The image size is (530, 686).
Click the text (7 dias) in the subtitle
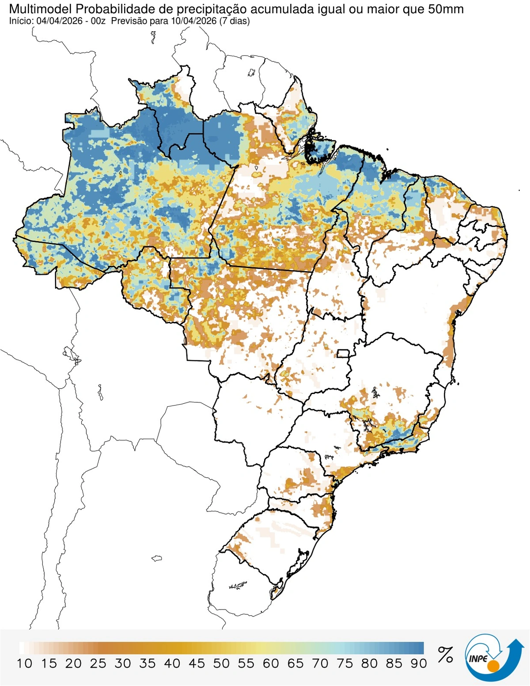(x=234, y=21)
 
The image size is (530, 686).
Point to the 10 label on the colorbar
(x=25, y=663)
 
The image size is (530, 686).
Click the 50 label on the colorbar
(x=221, y=663)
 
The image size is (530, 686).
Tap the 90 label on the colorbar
(x=418, y=663)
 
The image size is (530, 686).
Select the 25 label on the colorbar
(x=98, y=663)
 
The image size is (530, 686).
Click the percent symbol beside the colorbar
(x=445, y=655)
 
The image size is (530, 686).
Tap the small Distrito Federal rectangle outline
(x=343, y=353)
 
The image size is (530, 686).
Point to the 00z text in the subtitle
(x=98, y=21)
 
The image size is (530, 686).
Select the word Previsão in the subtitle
(x=126, y=21)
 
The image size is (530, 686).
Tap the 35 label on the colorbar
(x=148, y=663)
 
